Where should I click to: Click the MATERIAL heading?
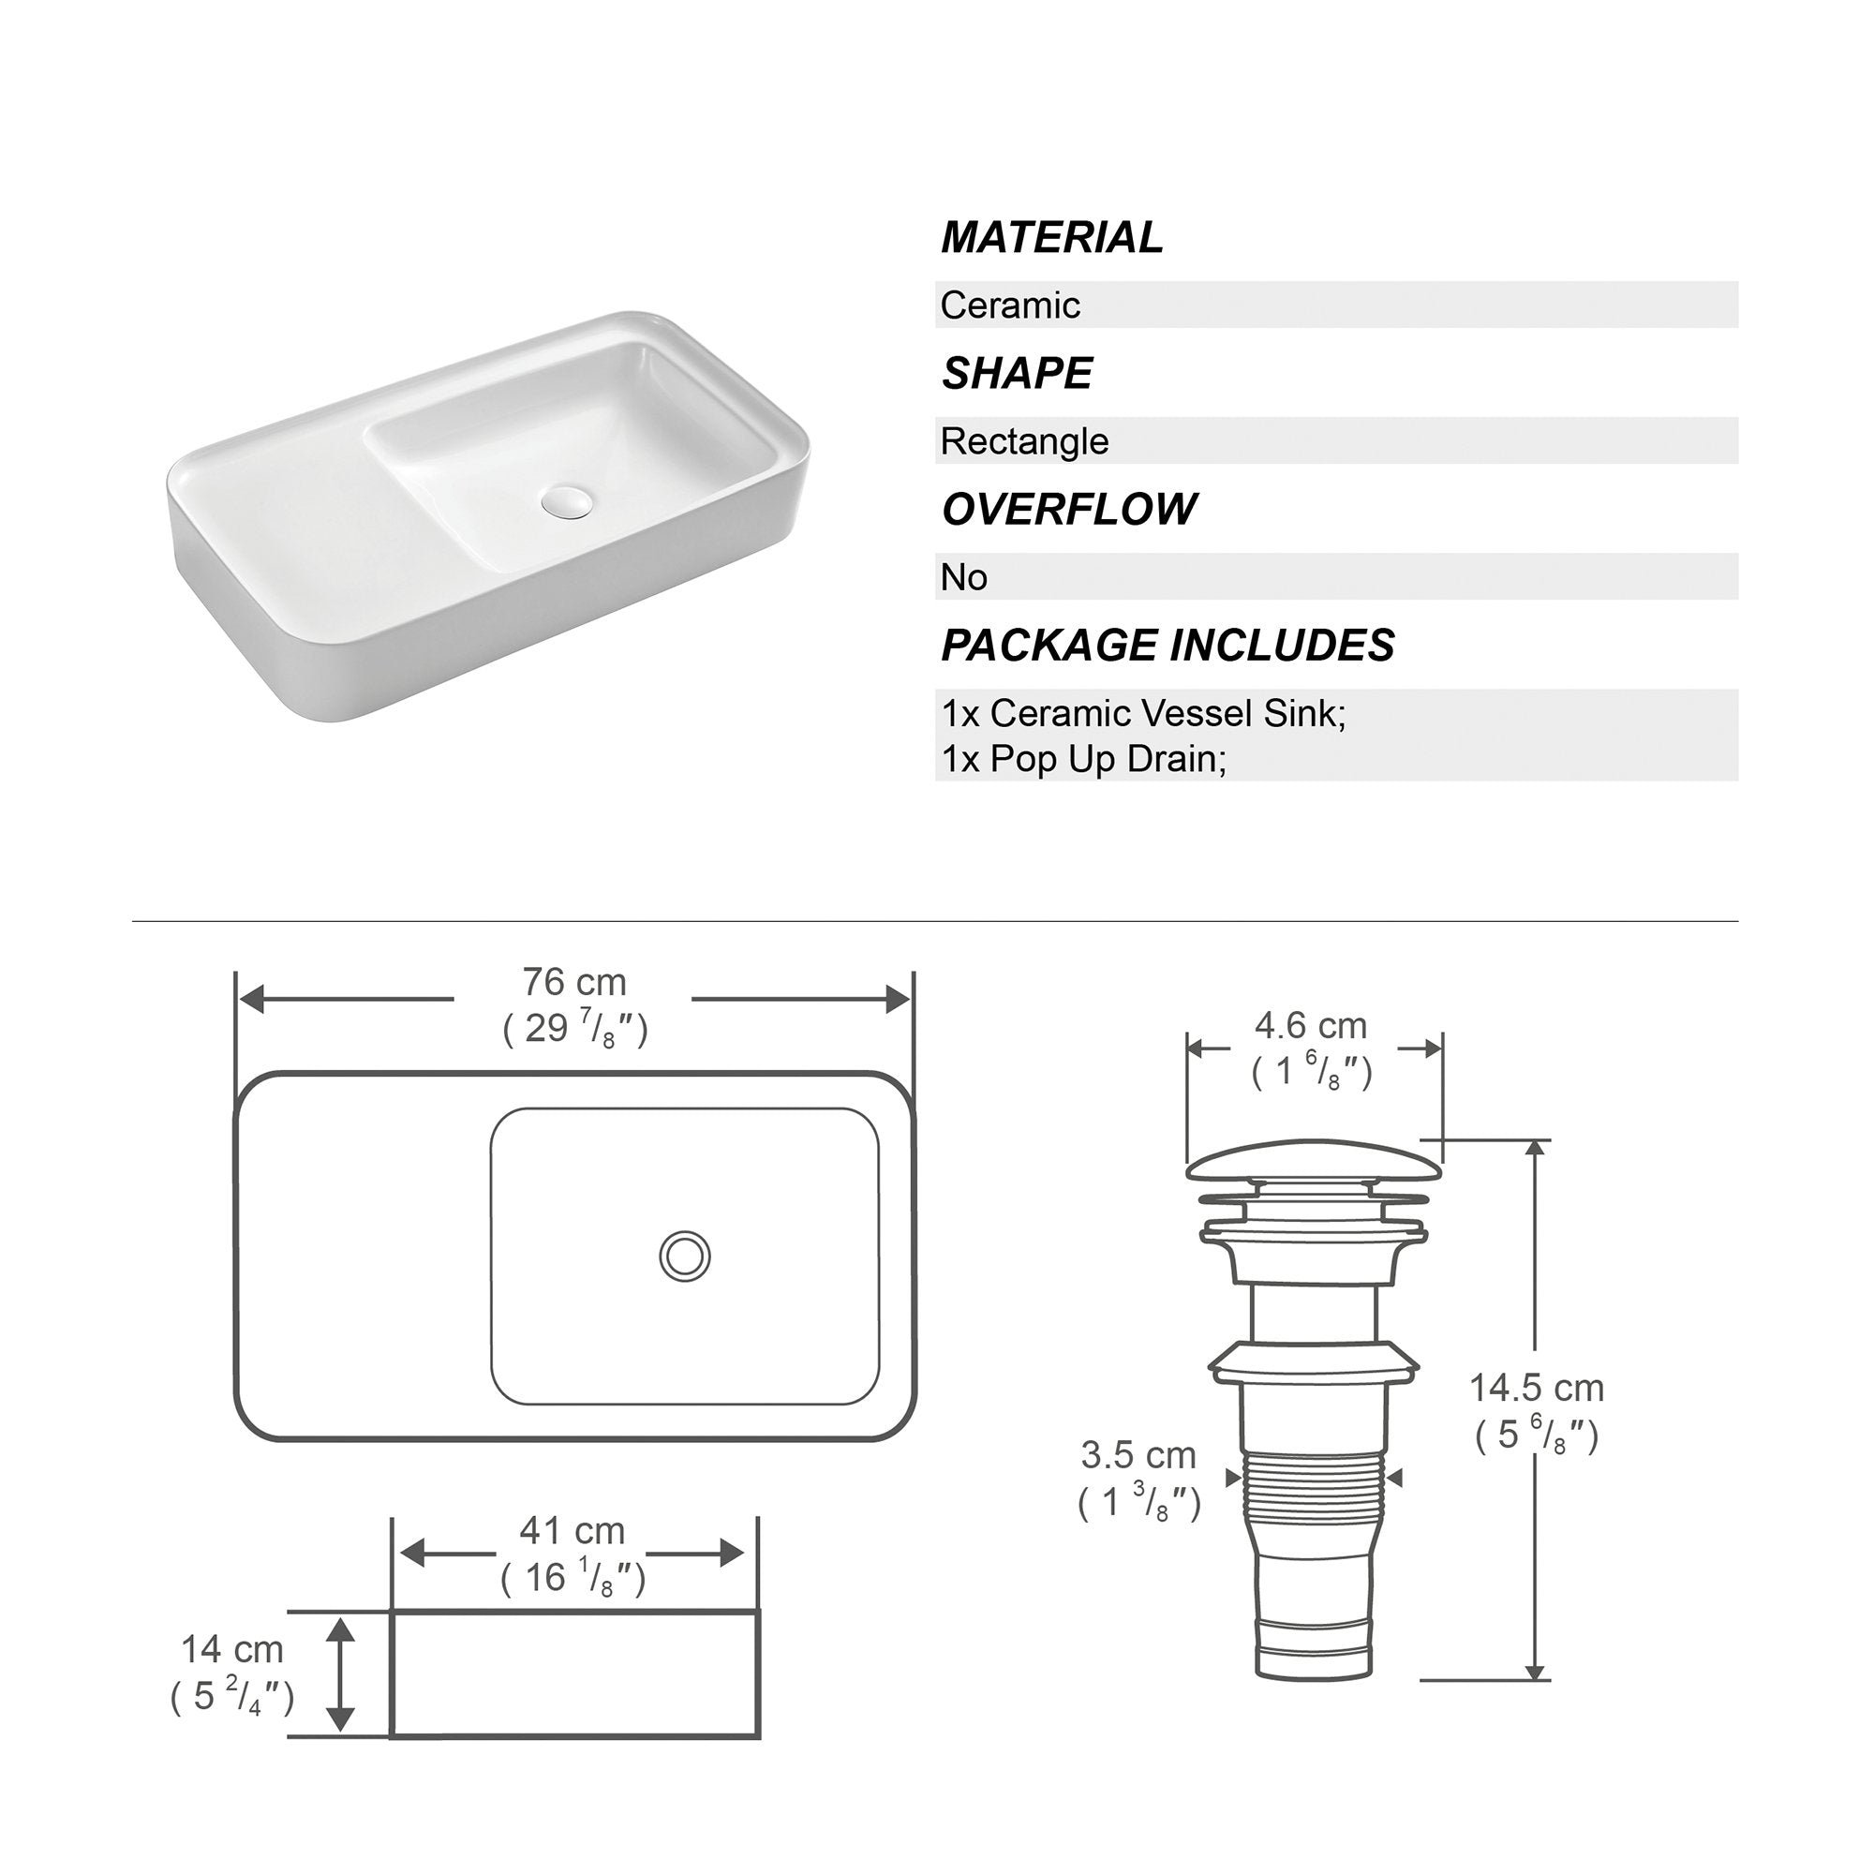click(1051, 238)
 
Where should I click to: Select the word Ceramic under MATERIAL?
click(1010, 305)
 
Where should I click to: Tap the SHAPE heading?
click(1018, 374)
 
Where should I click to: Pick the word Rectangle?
click(1024, 441)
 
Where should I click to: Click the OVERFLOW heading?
click(1070, 509)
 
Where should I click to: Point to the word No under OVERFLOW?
click(964, 577)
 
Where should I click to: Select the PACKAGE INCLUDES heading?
click(1168, 645)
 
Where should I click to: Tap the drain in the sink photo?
click(568, 501)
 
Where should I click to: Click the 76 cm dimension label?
click(574, 983)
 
